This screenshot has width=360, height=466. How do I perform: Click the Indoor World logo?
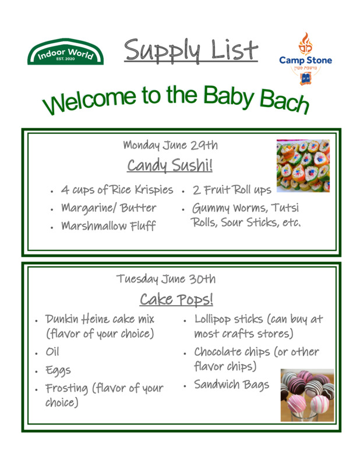(x=65, y=52)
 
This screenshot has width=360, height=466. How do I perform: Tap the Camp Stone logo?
(x=305, y=59)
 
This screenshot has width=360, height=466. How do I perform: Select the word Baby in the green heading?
(x=228, y=97)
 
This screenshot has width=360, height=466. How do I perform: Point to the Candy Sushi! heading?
(x=170, y=165)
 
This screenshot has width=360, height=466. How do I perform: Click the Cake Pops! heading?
(x=177, y=299)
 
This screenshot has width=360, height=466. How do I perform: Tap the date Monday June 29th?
(x=170, y=145)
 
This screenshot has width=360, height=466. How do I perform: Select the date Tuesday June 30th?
(x=166, y=279)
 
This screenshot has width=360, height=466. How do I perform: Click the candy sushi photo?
(x=303, y=165)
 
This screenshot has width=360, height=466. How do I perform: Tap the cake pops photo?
(x=307, y=395)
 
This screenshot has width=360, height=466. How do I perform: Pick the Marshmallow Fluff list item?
(x=108, y=226)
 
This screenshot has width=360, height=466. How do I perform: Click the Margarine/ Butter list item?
(x=108, y=208)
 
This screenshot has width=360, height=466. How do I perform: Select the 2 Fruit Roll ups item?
(x=232, y=190)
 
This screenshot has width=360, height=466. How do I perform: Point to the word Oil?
(x=52, y=352)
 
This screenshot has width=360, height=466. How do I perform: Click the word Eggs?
(x=58, y=370)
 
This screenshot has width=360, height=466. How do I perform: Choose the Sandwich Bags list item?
(x=232, y=384)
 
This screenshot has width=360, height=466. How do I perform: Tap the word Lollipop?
(x=212, y=320)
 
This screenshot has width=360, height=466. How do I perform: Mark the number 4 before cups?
(x=65, y=190)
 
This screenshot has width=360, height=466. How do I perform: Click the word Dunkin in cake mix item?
(x=62, y=319)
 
